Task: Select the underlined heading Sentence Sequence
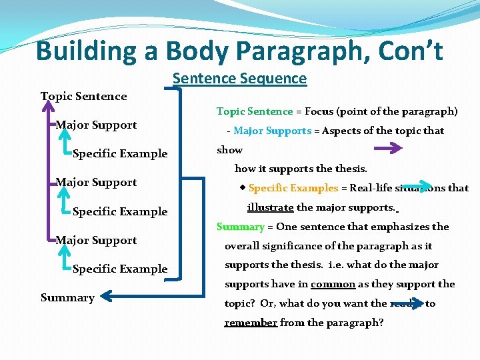point(239,79)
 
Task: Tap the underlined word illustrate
point(270,207)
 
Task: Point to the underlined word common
point(333,284)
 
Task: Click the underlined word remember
point(251,323)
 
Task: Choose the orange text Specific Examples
point(293,188)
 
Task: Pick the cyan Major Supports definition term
point(272,131)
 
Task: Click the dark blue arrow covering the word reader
point(406,303)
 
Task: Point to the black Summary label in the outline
point(67,298)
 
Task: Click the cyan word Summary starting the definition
point(241,227)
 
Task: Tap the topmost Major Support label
point(96,125)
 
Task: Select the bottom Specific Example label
point(120,269)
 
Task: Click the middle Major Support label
point(96,183)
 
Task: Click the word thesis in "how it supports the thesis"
point(351,169)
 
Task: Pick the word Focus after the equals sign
point(320,111)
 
